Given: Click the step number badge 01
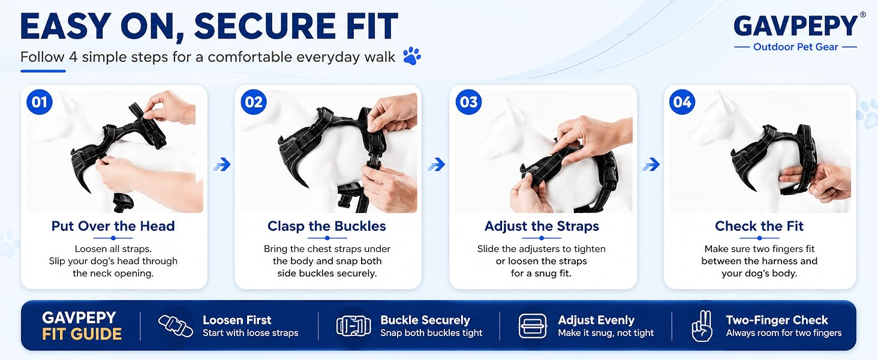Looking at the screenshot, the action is click(x=39, y=102).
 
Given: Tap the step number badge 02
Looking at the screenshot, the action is click(x=254, y=102).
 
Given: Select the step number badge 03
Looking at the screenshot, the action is click(x=468, y=102).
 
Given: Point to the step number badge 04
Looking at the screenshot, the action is click(x=682, y=102).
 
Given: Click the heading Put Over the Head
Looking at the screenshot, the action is click(x=113, y=226).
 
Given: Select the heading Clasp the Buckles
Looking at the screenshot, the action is click(x=326, y=226).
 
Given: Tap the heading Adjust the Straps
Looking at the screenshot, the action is click(x=542, y=226).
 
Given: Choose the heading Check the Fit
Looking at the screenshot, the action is click(x=759, y=226).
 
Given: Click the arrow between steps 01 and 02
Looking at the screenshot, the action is click(x=222, y=164).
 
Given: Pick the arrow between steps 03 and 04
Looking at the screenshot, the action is click(x=651, y=164).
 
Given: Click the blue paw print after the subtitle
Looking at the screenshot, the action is click(x=412, y=56).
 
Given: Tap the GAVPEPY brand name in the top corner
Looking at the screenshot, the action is click(x=796, y=26).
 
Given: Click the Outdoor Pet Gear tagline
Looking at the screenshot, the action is click(x=796, y=47).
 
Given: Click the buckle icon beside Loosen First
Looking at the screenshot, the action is click(x=175, y=326).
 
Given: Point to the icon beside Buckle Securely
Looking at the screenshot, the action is click(x=354, y=326).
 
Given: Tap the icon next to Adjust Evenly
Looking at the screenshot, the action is click(x=533, y=326).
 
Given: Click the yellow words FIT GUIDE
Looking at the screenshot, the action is click(x=82, y=334).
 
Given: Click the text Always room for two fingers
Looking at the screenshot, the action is click(x=783, y=333).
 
